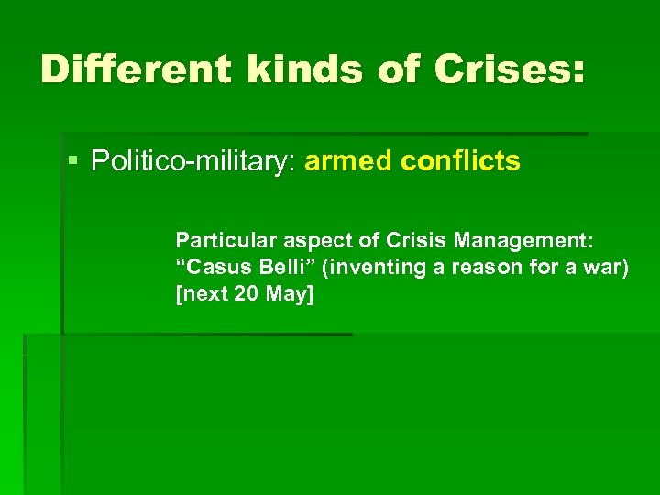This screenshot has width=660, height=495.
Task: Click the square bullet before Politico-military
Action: point(73,162)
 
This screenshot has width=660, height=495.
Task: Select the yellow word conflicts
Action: point(460,162)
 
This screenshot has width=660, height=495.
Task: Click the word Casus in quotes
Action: point(211,268)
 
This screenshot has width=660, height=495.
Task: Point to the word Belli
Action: point(274,268)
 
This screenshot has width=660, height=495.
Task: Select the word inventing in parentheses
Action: point(357,268)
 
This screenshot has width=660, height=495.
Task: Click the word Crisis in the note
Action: point(404,240)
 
